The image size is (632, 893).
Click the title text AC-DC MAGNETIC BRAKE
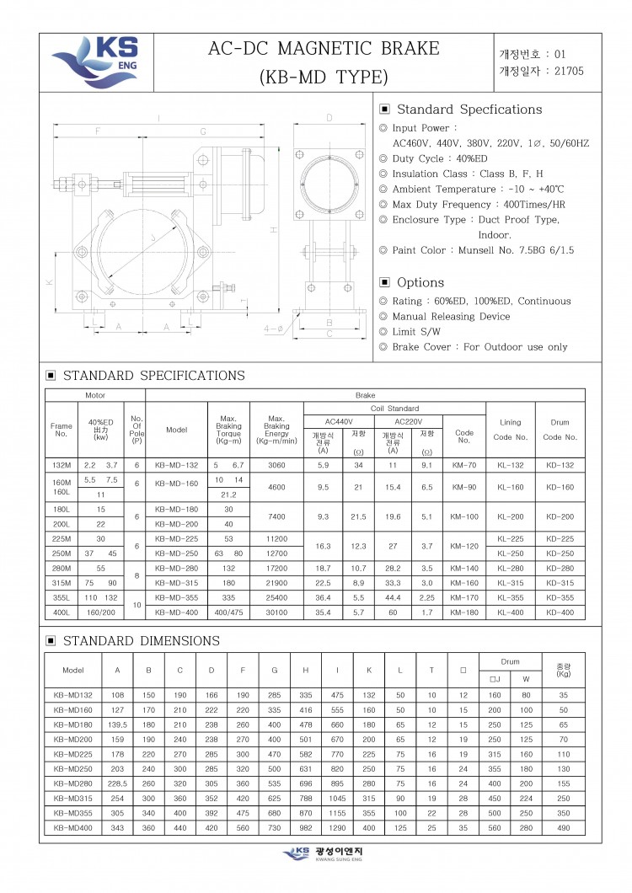click(324, 49)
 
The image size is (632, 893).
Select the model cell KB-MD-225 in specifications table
click(176, 539)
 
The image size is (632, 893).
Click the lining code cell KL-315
click(511, 583)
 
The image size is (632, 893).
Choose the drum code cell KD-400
click(560, 612)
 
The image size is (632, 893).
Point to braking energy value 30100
click(276, 612)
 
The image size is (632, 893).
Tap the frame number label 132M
click(61, 465)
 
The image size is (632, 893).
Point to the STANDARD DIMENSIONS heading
click(142, 641)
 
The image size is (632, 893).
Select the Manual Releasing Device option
click(451, 317)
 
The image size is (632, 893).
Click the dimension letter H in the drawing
click(274, 230)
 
